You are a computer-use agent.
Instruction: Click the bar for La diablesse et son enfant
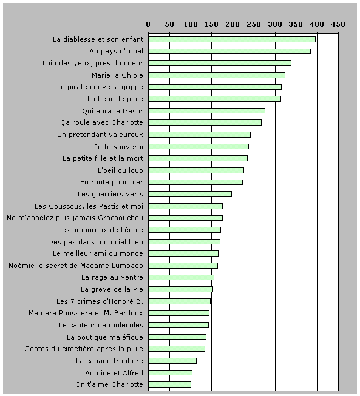(232, 39)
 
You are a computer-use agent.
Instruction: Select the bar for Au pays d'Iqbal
(229, 52)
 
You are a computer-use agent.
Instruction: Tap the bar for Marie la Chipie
(217, 75)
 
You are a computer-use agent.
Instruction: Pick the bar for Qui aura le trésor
(206, 110)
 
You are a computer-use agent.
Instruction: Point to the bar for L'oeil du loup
(196, 170)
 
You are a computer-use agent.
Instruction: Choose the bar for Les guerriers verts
(190, 194)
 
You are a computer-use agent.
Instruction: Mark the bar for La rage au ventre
(181, 277)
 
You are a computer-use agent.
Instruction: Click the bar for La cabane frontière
(172, 361)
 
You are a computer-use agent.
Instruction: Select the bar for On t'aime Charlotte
(169, 384)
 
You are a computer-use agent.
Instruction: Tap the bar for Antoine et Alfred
(170, 372)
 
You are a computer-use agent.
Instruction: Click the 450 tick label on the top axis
(338, 24)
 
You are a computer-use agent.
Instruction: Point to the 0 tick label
(148, 24)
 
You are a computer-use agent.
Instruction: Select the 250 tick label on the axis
(254, 24)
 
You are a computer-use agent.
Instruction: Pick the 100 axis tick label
(191, 24)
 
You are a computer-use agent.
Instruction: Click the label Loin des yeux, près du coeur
(93, 63)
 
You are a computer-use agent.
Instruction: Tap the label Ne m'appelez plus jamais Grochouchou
(75, 218)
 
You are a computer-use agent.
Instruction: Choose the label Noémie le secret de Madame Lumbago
(76, 266)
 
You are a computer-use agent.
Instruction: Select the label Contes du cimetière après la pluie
(84, 349)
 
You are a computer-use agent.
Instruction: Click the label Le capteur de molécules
(101, 325)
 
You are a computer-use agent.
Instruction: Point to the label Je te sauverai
(119, 147)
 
